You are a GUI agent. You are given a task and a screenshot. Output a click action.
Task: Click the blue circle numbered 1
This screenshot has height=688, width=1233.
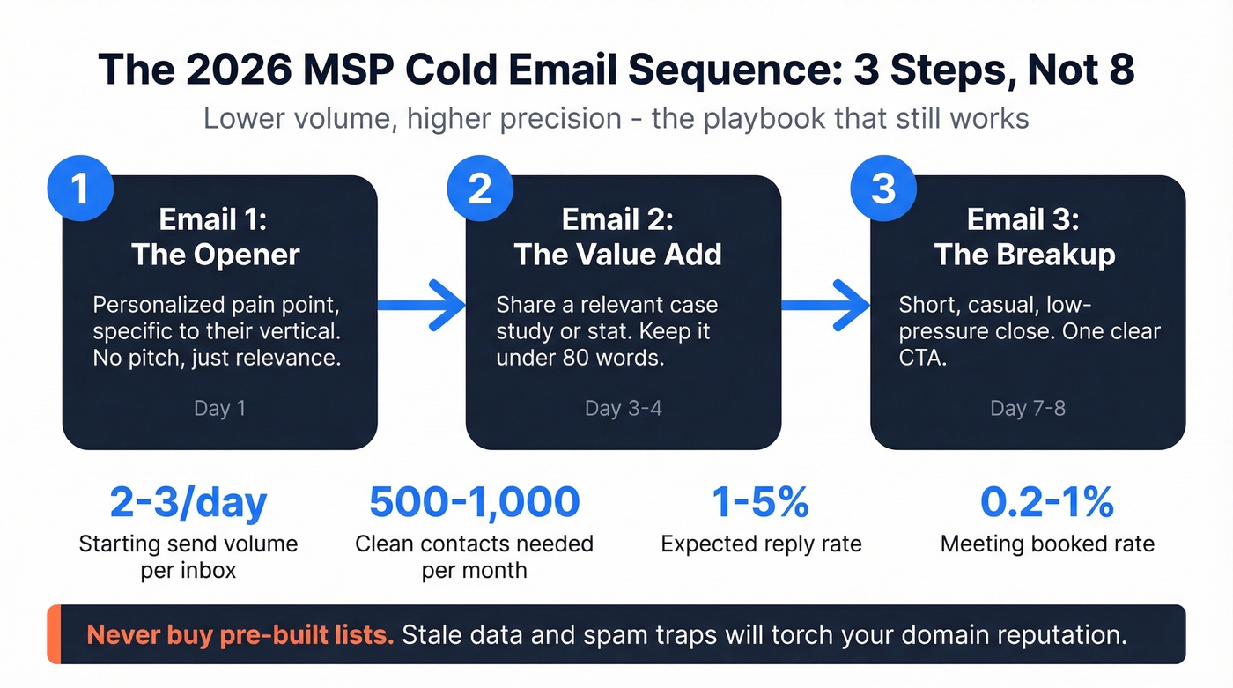coord(81,189)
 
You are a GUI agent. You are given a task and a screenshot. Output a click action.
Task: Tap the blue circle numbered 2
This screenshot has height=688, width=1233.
coord(480,189)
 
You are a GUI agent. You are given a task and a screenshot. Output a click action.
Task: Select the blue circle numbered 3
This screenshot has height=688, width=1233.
coord(883,189)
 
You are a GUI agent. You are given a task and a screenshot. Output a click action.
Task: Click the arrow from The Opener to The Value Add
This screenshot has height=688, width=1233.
coord(422,306)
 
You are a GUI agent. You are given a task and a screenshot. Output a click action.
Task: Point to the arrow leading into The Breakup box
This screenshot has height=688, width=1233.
coord(825,306)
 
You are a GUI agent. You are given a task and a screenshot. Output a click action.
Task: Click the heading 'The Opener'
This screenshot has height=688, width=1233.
coord(216,255)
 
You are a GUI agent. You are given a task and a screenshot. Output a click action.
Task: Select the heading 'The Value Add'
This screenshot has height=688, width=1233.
coord(618,255)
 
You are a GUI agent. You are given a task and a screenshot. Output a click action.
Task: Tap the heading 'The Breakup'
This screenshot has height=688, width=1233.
coord(1024,255)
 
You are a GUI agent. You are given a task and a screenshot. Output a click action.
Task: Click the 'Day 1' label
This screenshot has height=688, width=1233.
coord(218,410)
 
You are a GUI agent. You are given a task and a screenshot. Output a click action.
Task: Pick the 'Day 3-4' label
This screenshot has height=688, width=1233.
coord(623,410)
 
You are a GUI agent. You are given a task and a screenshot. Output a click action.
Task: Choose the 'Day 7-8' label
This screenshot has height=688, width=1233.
coord(1028,410)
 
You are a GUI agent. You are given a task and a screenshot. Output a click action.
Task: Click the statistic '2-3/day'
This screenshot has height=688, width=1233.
coord(188,502)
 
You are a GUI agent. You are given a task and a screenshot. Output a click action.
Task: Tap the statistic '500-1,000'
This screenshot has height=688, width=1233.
coord(474,502)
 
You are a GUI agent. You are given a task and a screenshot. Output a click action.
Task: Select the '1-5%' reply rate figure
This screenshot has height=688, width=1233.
coord(761,502)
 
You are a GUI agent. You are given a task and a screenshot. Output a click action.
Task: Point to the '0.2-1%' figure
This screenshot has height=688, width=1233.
coord(1047,502)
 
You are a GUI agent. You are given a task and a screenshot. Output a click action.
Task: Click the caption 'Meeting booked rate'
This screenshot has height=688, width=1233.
coord(1047,544)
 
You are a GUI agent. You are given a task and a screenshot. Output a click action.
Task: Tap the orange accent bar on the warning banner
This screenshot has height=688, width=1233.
coord(52,634)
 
